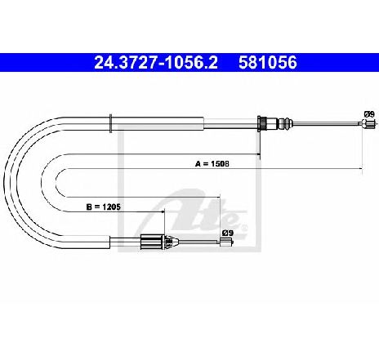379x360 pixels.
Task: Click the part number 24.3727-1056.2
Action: click(x=156, y=63)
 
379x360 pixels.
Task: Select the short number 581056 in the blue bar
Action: click(x=268, y=63)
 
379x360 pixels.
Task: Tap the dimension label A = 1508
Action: click(x=212, y=164)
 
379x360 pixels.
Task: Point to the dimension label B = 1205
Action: click(x=104, y=207)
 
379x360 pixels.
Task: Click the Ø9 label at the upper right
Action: click(x=369, y=114)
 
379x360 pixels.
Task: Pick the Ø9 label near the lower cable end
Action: click(x=228, y=233)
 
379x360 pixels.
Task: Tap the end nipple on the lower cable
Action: click(x=226, y=242)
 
